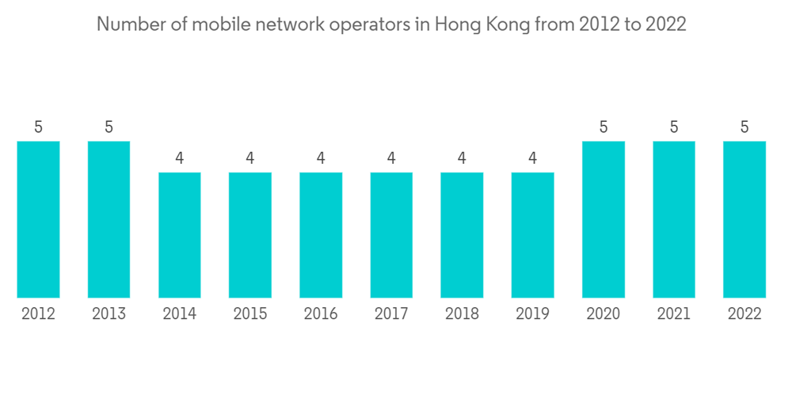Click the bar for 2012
click(x=38, y=219)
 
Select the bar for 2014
click(x=180, y=235)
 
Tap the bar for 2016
click(x=321, y=235)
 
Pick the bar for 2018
click(x=462, y=235)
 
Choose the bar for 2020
click(x=604, y=219)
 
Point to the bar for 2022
click(x=744, y=219)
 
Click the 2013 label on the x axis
click(x=109, y=314)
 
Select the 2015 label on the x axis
click(x=250, y=314)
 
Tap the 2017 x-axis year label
click(x=391, y=314)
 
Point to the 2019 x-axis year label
click(x=532, y=314)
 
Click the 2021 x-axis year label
click(x=674, y=314)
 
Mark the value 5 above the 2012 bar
click(x=38, y=127)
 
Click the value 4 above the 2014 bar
click(x=180, y=158)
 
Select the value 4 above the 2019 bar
click(x=532, y=158)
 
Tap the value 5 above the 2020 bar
click(x=604, y=127)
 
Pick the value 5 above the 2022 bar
click(x=744, y=127)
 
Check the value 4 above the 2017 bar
click(x=391, y=158)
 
